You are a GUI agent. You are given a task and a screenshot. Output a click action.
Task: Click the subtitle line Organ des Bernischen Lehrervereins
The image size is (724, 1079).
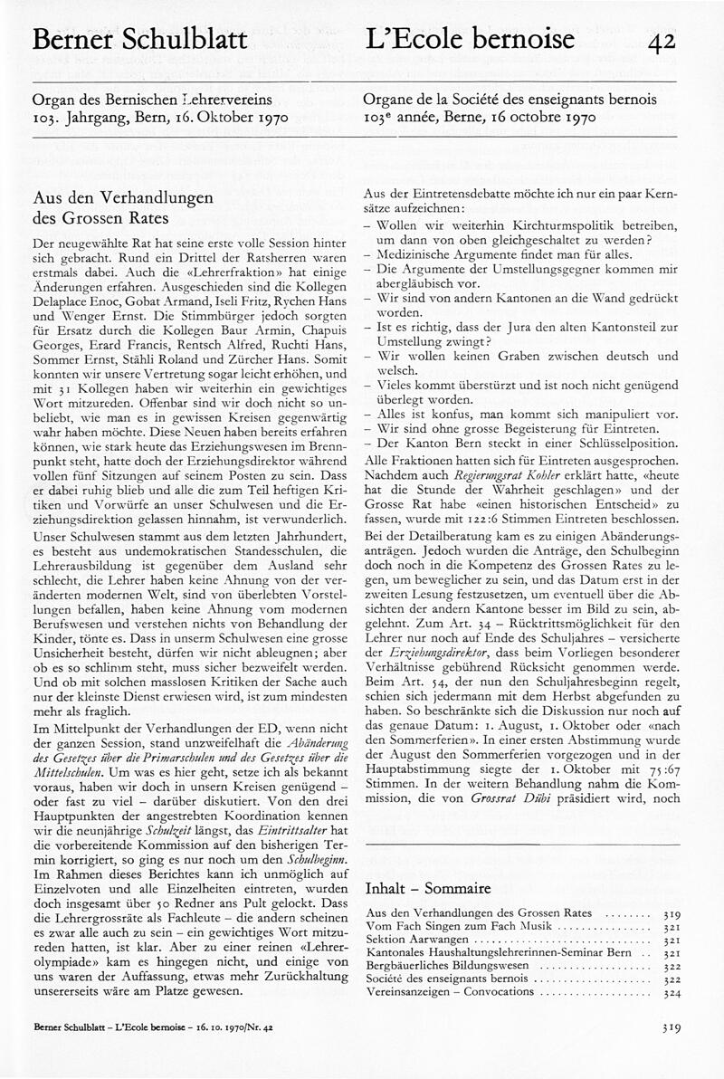click(x=154, y=100)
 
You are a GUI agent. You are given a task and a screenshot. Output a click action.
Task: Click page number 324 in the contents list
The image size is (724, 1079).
click(x=671, y=991)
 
